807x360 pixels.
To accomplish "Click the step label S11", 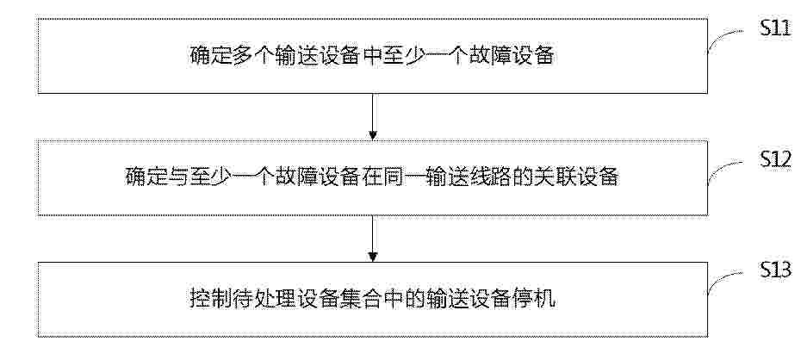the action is click(776, 28).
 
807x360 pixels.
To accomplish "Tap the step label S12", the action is click(776, 162).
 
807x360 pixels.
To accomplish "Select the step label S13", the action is click(776, 271).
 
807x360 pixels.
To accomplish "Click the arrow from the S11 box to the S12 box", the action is click(373, 116).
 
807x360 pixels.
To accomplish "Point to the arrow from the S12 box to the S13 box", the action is click(373, 239).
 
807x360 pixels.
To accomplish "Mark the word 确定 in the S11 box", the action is click(208, 56).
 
